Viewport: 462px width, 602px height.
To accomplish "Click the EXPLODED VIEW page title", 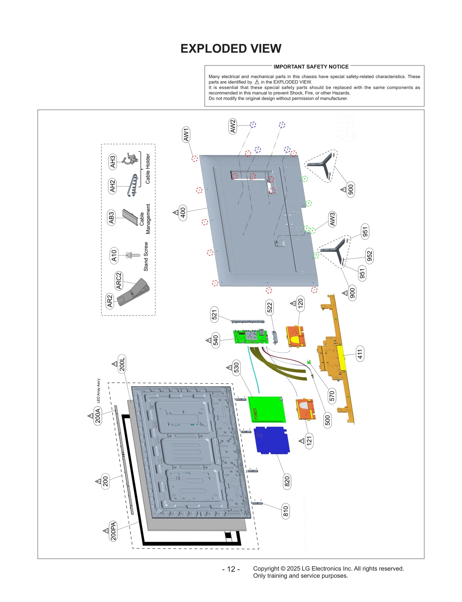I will pyautogui.click(x=231, y=49).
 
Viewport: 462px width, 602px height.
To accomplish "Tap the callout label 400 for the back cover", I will pyautogui.click(x=183, y=213).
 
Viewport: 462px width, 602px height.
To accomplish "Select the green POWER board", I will pyautogui.click(x=267, y=410).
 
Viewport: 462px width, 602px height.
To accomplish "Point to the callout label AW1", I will pyautogui.click(x=186, y=134).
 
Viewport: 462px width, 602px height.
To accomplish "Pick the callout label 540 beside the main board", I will pyautogui.click(x=215, y=340).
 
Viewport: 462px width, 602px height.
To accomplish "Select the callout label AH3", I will pyautogui.click(x=113, y=162).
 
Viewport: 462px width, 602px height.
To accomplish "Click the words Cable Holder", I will pyautogui.click(x=148, y=169).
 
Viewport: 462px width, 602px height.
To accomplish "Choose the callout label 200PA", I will pyautogui.click(x=113, y=531).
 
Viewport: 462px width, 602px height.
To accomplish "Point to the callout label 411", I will pyautogui.click(x=360, y=354).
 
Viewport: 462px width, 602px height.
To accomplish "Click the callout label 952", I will pyautogui.click(x=369, y=256).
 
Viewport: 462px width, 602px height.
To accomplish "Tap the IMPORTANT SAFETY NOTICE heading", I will pyautogui.click(x=311, y=67).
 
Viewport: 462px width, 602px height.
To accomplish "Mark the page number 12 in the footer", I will pyautogui.click(x=231, y=569).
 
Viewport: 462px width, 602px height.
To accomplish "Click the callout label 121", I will pyautogui.click(x=309, y=441).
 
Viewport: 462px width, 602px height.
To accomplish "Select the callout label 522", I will pyautogui.click(x=269, y=308).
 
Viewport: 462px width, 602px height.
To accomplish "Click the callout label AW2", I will pyautogui.click(x=233, y=126).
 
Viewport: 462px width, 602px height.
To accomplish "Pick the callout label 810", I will pyautogui.click(x=286, y=511).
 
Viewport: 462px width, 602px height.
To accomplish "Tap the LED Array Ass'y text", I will pyautogui.click(x=98, y=391).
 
